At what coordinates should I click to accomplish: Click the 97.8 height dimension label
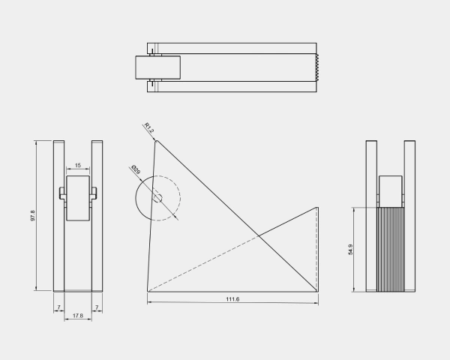pos(33,215)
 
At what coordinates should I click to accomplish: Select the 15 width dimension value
pos(78,165)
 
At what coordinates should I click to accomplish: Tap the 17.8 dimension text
pos(78,316)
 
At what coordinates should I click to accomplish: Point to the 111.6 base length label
pos(232,299)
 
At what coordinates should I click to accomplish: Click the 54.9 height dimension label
pos(350,250)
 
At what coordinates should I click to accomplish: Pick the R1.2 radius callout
pos(149,127)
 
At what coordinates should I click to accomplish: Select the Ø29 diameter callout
pos(136,169)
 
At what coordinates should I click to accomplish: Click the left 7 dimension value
pos(58,307)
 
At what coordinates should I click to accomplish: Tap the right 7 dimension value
pos(97,307)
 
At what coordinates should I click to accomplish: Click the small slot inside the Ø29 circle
pos(157,198)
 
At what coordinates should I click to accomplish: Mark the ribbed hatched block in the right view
pos(391,250)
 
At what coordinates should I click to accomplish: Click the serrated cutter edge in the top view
pos(317,67)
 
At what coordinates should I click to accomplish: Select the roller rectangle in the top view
pos(157,67)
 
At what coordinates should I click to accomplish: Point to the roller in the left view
pos(78,198)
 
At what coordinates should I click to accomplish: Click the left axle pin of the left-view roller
pos(62,193)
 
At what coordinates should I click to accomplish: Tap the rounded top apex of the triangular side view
pos(157,141)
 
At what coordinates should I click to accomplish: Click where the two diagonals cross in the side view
pos(258,236)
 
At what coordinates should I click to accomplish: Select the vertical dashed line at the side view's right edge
pos(317,249)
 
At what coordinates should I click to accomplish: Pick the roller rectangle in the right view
pos(391,191)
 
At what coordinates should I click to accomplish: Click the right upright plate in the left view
pos(97,216)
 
